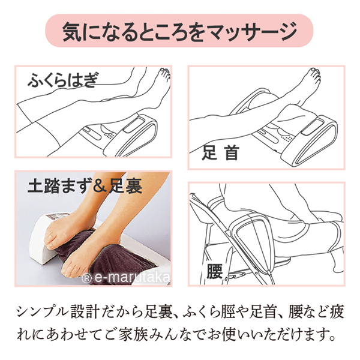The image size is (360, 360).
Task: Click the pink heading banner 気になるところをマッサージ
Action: [x=179, y=31]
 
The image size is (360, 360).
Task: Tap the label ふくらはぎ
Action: [x=62, y=80]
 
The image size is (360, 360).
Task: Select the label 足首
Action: [x=220, y=152]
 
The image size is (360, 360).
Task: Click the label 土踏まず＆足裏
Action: [x=85, y=187]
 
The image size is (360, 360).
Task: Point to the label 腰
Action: [x=214, y=271]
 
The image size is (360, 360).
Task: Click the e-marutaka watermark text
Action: [x=131, y=278]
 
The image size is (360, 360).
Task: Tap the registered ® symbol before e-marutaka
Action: [x=86, y=279]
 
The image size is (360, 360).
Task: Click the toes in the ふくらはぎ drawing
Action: [x=166, y=73]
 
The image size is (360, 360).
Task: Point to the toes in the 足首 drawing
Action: [x=315, y=73]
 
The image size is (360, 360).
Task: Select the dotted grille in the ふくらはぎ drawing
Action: [x=109, y=136]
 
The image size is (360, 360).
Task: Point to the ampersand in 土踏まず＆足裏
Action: [x=98, y=187]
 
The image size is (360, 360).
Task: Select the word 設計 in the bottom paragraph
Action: [x=85, y=313]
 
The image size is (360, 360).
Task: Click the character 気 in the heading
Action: [x=71, y=31]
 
